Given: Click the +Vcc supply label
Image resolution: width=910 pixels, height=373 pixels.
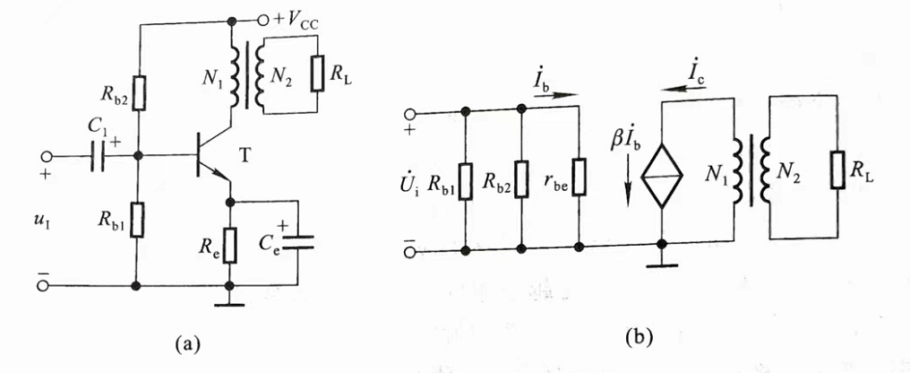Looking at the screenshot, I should (305, 19).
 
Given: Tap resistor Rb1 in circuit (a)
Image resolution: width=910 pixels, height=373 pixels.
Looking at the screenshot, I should (137, 218).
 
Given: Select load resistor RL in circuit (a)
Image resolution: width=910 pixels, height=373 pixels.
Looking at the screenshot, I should (315, 74).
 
